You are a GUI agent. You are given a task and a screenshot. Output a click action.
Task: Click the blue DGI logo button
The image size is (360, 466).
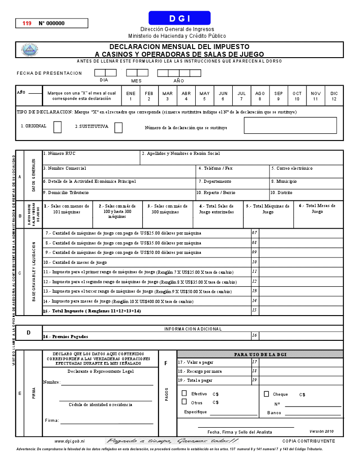(180, 18)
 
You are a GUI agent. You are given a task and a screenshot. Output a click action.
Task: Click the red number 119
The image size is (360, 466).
(27, 23)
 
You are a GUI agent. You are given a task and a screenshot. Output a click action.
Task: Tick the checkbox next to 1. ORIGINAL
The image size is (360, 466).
(58, 127)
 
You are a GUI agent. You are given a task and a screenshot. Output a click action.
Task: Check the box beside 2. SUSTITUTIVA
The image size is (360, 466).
(118, 128)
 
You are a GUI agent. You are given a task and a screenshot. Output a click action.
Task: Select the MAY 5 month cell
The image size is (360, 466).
(204, 96)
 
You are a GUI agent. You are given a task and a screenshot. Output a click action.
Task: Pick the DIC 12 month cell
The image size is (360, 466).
(334, 96)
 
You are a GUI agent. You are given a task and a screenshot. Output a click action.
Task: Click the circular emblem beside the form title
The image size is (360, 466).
(30, 50)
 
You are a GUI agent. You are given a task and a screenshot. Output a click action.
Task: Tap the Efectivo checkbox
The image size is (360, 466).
(184, 394)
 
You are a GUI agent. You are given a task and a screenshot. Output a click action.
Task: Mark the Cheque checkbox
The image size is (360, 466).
(266, 394)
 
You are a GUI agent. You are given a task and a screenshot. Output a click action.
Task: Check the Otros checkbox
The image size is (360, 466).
(184, 402)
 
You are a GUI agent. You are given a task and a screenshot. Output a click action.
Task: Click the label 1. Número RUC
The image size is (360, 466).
(59, 154)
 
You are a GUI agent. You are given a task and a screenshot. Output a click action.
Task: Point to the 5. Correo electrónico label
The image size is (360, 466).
(292, 168)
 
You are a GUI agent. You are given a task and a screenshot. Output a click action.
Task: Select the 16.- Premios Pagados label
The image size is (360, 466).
(66, 336)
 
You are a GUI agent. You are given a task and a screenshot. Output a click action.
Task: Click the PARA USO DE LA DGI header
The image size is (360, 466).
(260, 354)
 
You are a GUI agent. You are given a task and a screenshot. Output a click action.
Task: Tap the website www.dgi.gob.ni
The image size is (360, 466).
(70, 441)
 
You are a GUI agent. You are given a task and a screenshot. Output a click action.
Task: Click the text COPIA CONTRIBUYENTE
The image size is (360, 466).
(309, 441)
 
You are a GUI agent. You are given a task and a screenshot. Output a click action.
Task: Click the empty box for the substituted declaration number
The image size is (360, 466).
(290, 125)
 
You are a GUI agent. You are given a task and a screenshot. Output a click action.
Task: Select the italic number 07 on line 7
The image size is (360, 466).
(255, 233)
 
